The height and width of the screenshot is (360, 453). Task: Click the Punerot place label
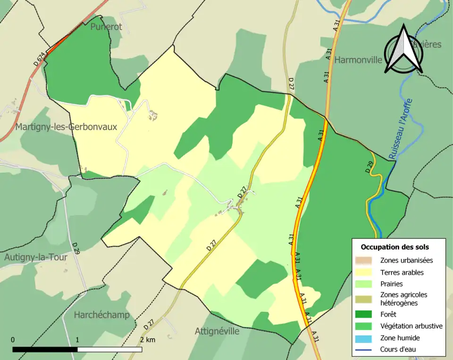point(106,27)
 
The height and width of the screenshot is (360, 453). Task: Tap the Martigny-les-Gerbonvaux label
point(66,127)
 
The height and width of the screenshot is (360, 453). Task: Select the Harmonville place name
point(359,60)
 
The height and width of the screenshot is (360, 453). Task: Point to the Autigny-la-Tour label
point(36,257)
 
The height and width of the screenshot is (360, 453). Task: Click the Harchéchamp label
point(101,315)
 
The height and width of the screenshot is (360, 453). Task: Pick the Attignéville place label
point(217,331)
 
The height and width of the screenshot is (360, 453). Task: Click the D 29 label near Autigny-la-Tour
point(76,248)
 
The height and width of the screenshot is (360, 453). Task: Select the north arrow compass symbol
point(403,50)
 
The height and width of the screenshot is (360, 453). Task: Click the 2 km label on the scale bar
point(148,340)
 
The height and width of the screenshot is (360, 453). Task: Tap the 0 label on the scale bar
point(13,340)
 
